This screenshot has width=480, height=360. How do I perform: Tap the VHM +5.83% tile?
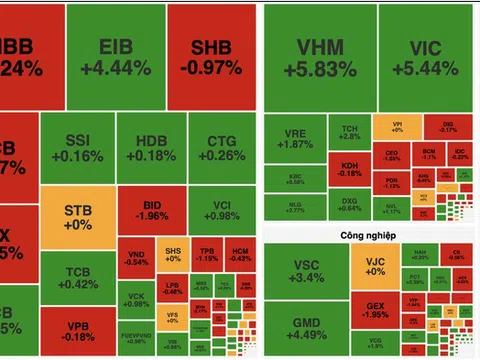point(321,57)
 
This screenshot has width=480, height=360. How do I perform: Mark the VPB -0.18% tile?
point(77,333)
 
